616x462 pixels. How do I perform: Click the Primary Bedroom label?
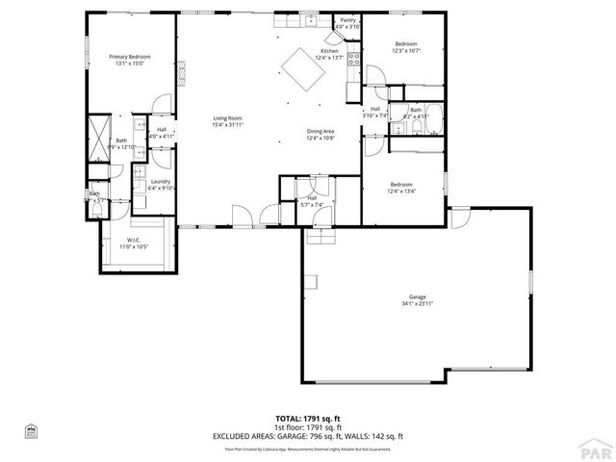pos(129,58)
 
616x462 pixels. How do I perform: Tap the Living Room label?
pos(227,118)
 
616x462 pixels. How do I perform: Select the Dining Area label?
pos(321,131)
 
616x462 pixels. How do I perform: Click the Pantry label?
pos(347,19)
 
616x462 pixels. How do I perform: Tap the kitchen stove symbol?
pos(353,64)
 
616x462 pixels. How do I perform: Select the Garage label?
pos(417,296)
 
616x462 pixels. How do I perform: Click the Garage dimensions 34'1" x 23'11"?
pos(417,303)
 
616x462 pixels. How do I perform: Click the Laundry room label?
pos(160,181)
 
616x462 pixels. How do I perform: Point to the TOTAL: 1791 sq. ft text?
pos(307,419)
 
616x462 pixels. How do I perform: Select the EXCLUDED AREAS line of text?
pos(307,436)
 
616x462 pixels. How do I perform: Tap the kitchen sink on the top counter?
pos(312,20)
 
